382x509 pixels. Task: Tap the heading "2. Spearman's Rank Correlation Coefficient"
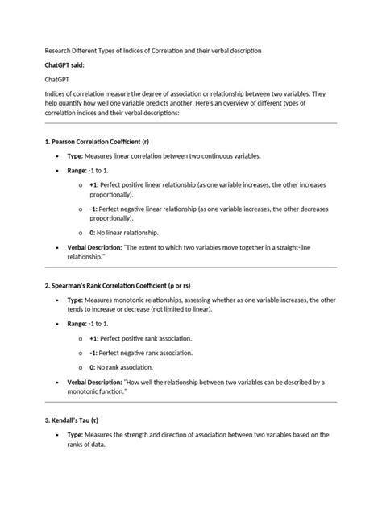pyautogui.click(x=117, y=286)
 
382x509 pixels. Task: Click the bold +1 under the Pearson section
pyautogui.click(x=95, y=184)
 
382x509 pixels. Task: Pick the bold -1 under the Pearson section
pyautogui.click(x=94, y=208)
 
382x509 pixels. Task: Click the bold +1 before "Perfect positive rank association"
pyautogui.click(x=95, y=340)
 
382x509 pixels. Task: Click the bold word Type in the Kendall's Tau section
pyautogui.click(x=76, y=435)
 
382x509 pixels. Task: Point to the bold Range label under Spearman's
pyautogui.click(x=77, y=323)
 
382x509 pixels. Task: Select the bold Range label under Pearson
pyautogui.click(x=77, y=171)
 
